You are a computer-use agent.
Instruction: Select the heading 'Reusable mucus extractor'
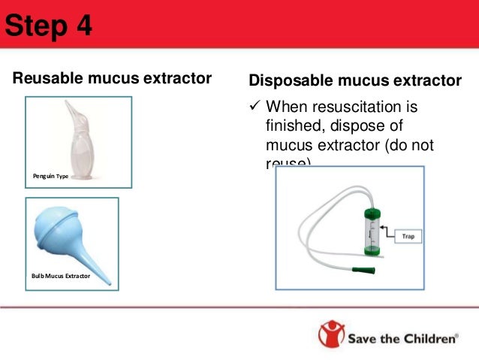(x=112, y=78)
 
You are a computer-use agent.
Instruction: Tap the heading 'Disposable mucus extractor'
(x=354, y=80)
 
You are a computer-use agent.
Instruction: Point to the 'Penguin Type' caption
(x=50, y=176)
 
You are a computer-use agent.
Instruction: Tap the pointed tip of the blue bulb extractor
(x=111, y=280)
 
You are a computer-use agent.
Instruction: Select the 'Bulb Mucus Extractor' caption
(x=61, y=277)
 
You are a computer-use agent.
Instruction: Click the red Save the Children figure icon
(x=330, y=335)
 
